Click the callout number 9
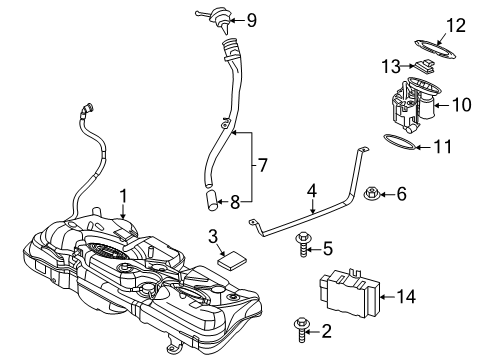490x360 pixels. point(251,20)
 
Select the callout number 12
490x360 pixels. point(456,26)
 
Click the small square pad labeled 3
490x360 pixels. point(231,259)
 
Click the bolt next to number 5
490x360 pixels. point(303,245)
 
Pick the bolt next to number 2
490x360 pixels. point(301,330)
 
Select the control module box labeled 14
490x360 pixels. point(349,292)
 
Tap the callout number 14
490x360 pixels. point(406,296)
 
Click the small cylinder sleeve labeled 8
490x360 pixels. point(212,200)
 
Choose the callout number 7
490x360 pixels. point(262,165)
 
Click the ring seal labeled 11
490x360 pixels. point(400,142)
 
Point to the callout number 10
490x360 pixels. point(462,105)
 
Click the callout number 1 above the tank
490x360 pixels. point(123,196)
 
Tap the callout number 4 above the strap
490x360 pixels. point(312,191)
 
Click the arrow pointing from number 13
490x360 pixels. point(408,66)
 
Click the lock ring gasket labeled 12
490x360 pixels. point(435,50)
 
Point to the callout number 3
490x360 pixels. point(213,236)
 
